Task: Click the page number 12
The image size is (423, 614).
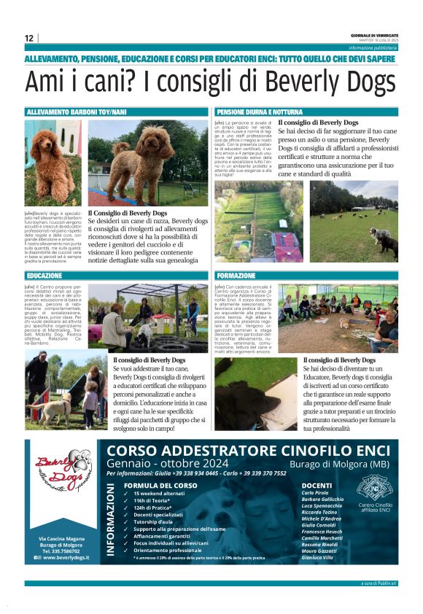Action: point(28,38)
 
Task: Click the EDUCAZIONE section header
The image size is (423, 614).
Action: point(44,276)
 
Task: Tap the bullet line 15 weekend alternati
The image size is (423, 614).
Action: point(160,494)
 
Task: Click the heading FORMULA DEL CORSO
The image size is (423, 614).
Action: point(161,485)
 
